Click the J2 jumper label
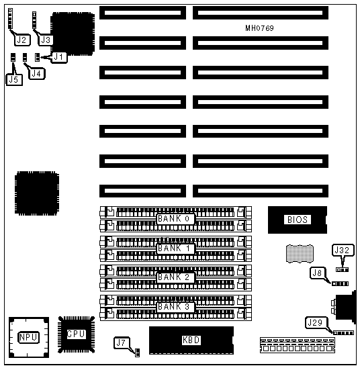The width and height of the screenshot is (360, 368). [x=23, y=40]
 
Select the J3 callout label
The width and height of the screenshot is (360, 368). [x=46, y=40]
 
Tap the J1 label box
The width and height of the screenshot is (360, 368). [x=58, y=57]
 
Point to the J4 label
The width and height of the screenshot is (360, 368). [x=36, y=74]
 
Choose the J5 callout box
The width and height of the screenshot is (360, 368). [x=14, y=80]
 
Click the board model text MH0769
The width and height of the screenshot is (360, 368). [x=259, y=28]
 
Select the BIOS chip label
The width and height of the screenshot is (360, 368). [x=298, y=220]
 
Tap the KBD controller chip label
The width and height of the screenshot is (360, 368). [x=191, y=340]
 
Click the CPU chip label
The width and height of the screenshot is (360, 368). [x=76, y=334]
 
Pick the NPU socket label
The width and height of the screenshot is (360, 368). [x=28, y=337]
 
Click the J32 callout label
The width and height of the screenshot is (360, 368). [x=343, y=250]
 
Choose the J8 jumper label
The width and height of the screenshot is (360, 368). [x=318, y=273]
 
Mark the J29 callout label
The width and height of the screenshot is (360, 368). [x=316, y=323]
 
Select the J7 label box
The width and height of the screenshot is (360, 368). [x=122, y=343]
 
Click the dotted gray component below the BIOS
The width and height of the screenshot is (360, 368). [x=300, y=254]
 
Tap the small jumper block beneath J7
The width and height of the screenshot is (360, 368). [x=138, y=353]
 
